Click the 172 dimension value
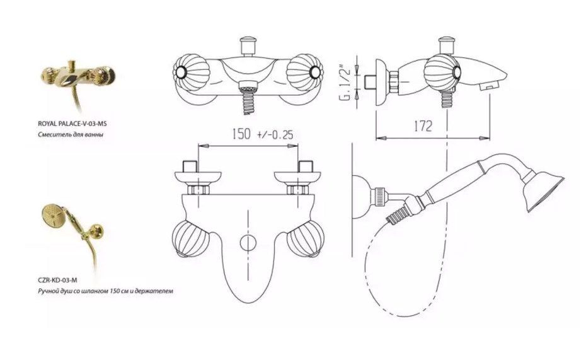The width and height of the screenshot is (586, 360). click(423, 126)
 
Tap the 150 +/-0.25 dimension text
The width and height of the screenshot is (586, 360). click(263, 134)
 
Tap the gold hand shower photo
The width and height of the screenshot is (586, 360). click(73, 239)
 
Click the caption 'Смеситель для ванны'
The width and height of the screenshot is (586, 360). click(71, 134)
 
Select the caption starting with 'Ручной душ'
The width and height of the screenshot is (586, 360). click(105, 291)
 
